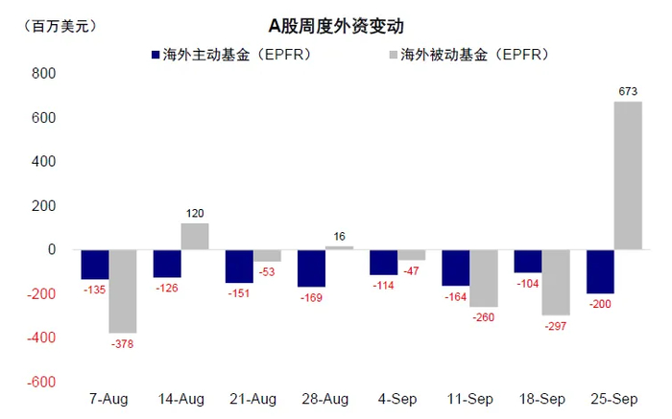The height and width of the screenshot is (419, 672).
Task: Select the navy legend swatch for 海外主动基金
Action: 155,55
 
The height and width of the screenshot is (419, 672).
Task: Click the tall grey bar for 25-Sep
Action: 628,175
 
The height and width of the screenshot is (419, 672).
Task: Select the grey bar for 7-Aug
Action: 123,291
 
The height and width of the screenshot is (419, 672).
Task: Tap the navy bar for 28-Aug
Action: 311,268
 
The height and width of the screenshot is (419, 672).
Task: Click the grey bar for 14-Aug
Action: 195,237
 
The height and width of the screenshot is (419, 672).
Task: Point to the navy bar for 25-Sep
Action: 600,271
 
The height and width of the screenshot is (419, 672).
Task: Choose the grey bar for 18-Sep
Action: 556,283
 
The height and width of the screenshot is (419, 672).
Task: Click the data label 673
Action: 629,92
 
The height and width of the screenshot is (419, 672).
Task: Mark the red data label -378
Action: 123,344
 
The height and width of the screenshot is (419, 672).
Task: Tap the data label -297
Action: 556,326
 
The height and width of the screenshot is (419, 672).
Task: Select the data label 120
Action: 195,214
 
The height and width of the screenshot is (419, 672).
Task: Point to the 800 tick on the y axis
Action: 44,74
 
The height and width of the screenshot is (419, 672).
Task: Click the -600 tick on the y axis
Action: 41,382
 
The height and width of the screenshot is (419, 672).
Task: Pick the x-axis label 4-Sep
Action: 397,399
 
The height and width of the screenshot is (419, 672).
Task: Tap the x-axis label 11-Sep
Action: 469,399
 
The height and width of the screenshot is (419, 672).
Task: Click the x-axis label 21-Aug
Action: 253,399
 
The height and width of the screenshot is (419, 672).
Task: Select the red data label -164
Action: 456,296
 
